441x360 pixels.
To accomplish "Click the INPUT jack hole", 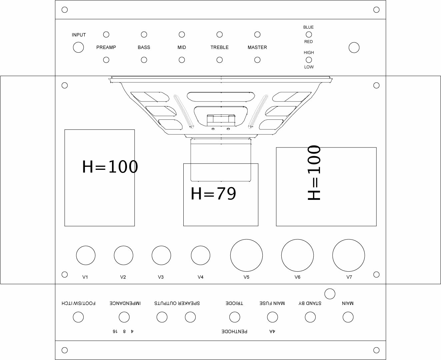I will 78,47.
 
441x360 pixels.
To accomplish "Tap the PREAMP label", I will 106,47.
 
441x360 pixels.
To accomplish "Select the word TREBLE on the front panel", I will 219,47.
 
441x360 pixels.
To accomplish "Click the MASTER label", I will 257,47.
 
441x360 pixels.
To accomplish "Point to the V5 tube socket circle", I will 246,255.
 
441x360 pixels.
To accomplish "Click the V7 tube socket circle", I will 348,255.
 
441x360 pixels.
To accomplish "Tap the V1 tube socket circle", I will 86,256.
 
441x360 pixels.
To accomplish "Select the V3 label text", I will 161,277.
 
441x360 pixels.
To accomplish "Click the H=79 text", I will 213,194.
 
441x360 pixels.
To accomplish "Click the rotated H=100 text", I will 314,173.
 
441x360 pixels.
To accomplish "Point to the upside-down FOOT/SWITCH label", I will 79,303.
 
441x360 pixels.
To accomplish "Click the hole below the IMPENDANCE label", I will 124,317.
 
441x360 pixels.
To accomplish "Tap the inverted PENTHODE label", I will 235,331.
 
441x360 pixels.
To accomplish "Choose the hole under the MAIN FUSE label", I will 272,317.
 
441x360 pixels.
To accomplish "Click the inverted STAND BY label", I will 310,303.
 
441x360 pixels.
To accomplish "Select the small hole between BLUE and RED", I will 309,34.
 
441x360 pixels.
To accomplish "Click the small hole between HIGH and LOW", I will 309,60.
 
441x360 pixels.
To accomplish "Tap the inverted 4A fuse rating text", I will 272,331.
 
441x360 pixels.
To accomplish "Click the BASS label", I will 144,47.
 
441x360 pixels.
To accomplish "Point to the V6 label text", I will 297,277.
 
